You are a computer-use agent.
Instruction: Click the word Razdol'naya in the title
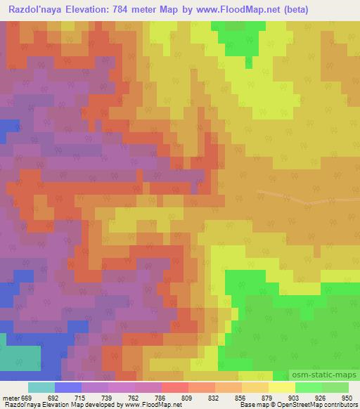(x=37, y=11)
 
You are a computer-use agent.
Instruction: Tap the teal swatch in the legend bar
(x=41, y=387)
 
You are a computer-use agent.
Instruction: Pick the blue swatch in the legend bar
(x=68, y=387)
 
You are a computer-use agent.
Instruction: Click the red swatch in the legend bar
(x=175, y=387)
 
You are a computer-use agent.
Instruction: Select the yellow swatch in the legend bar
(x=281, y=387)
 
